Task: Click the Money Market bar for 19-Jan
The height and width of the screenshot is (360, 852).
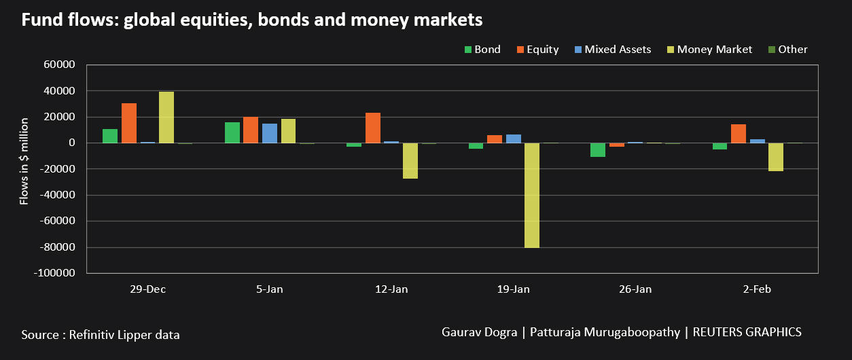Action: [532, 195]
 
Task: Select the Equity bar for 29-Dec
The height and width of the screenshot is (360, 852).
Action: [129, 123]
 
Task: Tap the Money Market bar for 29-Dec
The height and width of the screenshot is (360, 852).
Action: [166, 118]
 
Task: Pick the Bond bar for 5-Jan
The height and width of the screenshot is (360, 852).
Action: [232, 132]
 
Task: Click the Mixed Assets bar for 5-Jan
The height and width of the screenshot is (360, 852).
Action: [270, 133]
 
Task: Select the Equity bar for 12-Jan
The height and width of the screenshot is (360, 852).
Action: [373, 128]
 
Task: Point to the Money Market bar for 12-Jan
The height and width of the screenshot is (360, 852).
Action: [410, 160]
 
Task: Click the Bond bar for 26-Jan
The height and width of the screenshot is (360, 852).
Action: [598, 150]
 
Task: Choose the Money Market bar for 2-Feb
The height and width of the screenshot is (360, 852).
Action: [776, 157]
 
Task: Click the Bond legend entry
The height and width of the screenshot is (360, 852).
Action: [482, 50]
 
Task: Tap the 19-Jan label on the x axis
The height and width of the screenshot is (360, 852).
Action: [513, 289]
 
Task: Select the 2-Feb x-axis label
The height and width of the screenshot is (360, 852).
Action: [757, 289]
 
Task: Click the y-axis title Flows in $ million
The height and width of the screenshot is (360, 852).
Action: [24, 161]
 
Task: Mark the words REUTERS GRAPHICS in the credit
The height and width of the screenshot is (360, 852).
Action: [747, 332]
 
